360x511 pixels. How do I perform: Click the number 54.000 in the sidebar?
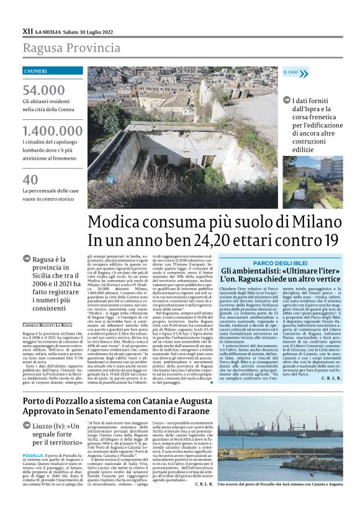[43, 90]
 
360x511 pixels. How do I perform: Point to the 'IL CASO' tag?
[291, 72]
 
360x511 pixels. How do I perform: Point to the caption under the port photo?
[289, 500]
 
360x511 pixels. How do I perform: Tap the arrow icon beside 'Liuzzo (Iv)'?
[27, 409]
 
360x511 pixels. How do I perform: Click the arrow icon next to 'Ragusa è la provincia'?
[27, 259]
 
